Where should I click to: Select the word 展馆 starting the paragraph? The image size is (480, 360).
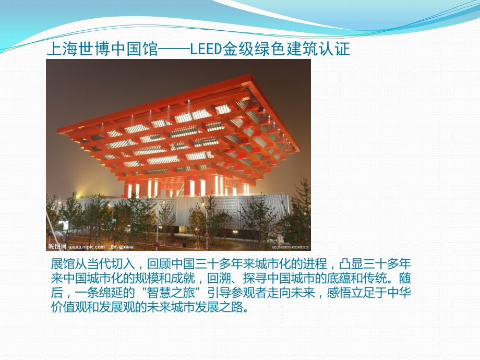60,263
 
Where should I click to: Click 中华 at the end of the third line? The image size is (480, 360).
405,292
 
